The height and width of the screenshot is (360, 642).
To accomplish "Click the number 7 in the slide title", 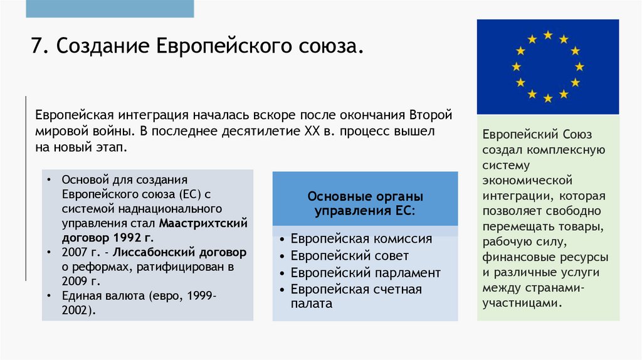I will pyautogui.click(x=36, y=47).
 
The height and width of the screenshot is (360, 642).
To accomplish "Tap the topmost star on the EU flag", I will pyautogui.click(x=548, y=35).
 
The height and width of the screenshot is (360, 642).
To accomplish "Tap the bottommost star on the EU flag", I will pyautogui.click(x=548, y=98).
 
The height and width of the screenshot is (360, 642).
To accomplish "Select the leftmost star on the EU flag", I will pyautogui.click(x=517, y=66).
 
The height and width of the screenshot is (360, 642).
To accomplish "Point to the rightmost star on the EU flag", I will pyautogui.click(x=579, y=66).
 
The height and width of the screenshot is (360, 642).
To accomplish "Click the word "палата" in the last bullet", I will pyautogui.click(x=311, y=304).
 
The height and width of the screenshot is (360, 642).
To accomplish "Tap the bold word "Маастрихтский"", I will pyautogui.click(x=203, y=223).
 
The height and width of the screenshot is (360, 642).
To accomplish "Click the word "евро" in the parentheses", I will pyautogui.click(x=163, y=296).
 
